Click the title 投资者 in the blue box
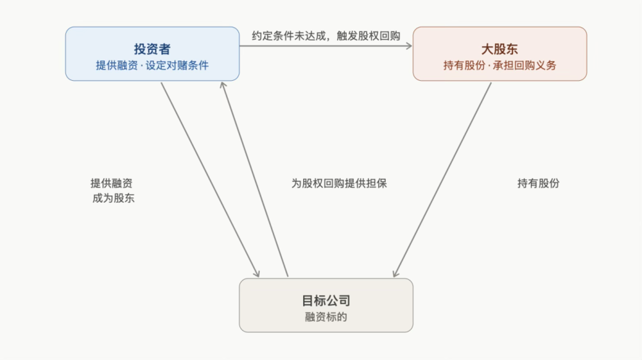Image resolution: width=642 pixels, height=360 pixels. [x=152, y=49]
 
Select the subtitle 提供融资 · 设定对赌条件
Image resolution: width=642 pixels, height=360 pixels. [x=152, y=65]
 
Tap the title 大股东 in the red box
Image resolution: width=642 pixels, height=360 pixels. [x=499, y=49]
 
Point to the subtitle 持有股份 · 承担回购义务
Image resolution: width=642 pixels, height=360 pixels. [x=499, y=65]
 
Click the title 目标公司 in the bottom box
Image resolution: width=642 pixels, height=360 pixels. [x=326, y=301]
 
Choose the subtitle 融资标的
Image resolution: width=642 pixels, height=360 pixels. [x=326, y=317]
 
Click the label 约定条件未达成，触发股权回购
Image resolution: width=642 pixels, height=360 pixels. [x=326, y=36]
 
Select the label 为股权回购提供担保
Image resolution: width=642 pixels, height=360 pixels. [x=339, y=184]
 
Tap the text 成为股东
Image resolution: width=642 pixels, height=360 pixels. [x=114, y=198]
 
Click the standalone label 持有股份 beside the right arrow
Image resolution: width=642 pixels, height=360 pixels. [x=539, y=184]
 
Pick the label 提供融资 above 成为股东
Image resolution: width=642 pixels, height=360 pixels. [x=111, y=184]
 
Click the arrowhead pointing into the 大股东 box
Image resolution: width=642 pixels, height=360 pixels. [x=409, y=46]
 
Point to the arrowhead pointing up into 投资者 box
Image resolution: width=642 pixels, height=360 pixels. [x=223, y=85]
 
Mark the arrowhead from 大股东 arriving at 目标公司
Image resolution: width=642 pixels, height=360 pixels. [x=395, y=273]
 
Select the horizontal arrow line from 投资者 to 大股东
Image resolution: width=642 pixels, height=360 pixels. [x=326, y=46]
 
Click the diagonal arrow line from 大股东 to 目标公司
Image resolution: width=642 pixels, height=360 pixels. [x=442, y=180]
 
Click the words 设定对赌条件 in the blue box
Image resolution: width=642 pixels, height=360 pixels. [x=177, y=65]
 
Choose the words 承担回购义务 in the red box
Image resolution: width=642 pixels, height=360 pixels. [x=525, y=65]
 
